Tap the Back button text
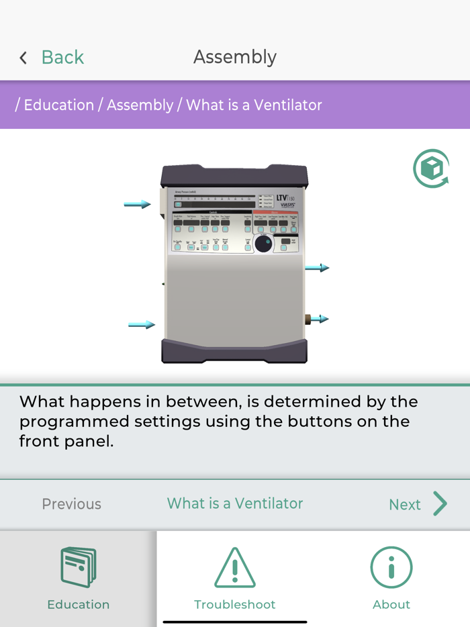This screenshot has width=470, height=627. [x=62, y=58]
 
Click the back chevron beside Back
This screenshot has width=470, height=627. [x=23, y=58]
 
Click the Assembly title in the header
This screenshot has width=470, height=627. [x=234, y=57]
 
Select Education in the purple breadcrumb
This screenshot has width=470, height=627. [x=59, y=105]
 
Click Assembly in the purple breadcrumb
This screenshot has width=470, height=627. [x=140, y=105]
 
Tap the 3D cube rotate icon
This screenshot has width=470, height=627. [x=430, y=168]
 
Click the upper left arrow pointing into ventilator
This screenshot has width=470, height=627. [x=138, y=204]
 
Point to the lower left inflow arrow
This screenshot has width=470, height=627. [x=142, y=325]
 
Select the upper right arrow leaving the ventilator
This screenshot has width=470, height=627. [x=317, y=268]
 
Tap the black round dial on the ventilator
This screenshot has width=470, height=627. [x=264, y=243]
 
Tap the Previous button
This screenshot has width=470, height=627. [x=71, y=504]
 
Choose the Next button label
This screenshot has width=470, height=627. [x=404, y=505]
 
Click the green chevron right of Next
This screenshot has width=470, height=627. [x=440, y=503]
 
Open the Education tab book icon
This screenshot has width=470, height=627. [x=78, y=568]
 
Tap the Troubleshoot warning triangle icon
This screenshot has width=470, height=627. [x=234, y=568]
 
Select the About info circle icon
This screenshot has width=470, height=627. [x=391, y=568]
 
